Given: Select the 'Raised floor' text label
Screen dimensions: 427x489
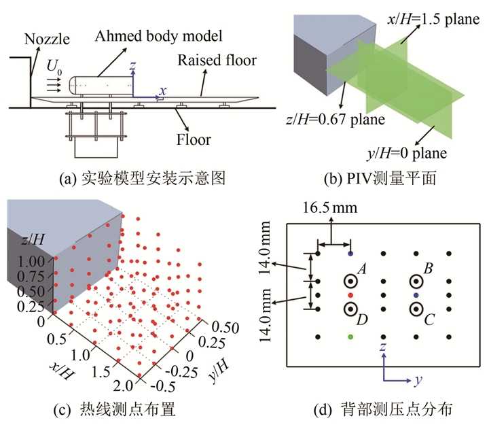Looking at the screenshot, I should pyautogui.click(x=217, y=61).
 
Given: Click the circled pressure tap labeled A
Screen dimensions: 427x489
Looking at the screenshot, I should pyautogui.click(x=351, y=281).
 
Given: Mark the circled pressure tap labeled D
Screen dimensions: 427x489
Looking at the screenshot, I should pyautogui.click(x=351, y=309).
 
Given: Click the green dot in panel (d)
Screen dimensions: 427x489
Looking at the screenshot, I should pyautogui.click(x=350, y=337).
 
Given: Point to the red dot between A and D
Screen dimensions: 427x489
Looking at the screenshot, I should pyautogui.click(x=350, y=296).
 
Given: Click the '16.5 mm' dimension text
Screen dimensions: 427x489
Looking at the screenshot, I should pyautogui.click(x=335, y=207).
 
